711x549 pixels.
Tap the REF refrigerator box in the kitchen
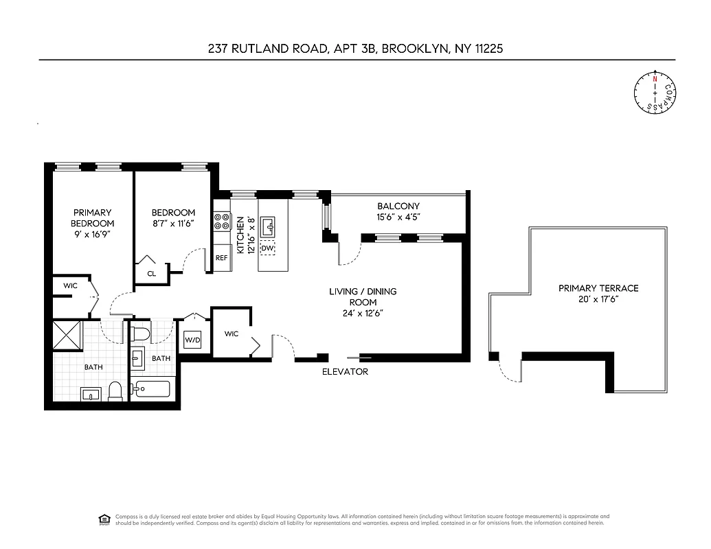[221, 258]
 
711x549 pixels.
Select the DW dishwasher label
[268, 247]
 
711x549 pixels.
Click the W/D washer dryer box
[191, 340]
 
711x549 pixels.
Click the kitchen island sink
[268, 224]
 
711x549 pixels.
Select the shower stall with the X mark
[68, 336]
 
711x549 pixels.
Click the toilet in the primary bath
[115, 391]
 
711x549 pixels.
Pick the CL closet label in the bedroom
[152, 273]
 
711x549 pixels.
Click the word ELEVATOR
[346, 372]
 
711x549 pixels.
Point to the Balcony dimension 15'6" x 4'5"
[398, 217]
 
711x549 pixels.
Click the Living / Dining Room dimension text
[363, 313]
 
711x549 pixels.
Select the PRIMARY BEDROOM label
[92, 218]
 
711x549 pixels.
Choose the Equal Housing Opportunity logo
[104, 519]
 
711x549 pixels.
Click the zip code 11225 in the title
[485, 49]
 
